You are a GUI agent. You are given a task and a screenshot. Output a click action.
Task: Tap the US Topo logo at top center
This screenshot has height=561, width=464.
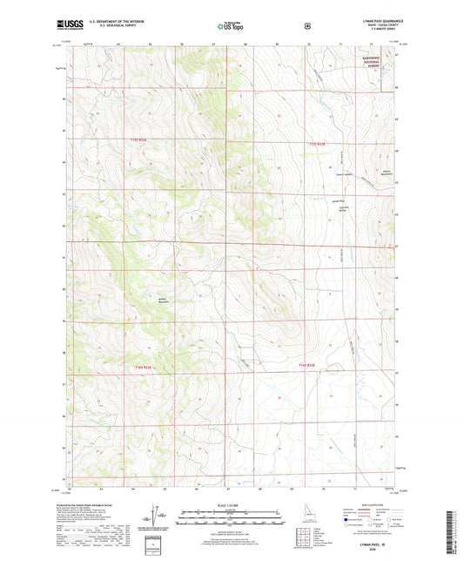point(231,28)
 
